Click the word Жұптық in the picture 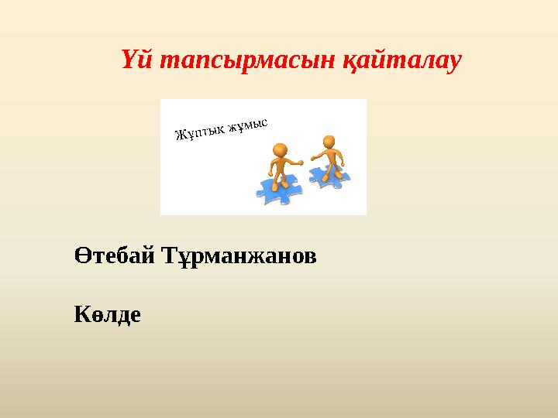[x=200, y=134]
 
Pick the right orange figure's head [x=329, y=142]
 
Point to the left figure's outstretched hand [x=300, y=163]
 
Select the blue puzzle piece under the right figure [x=332, y=176]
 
